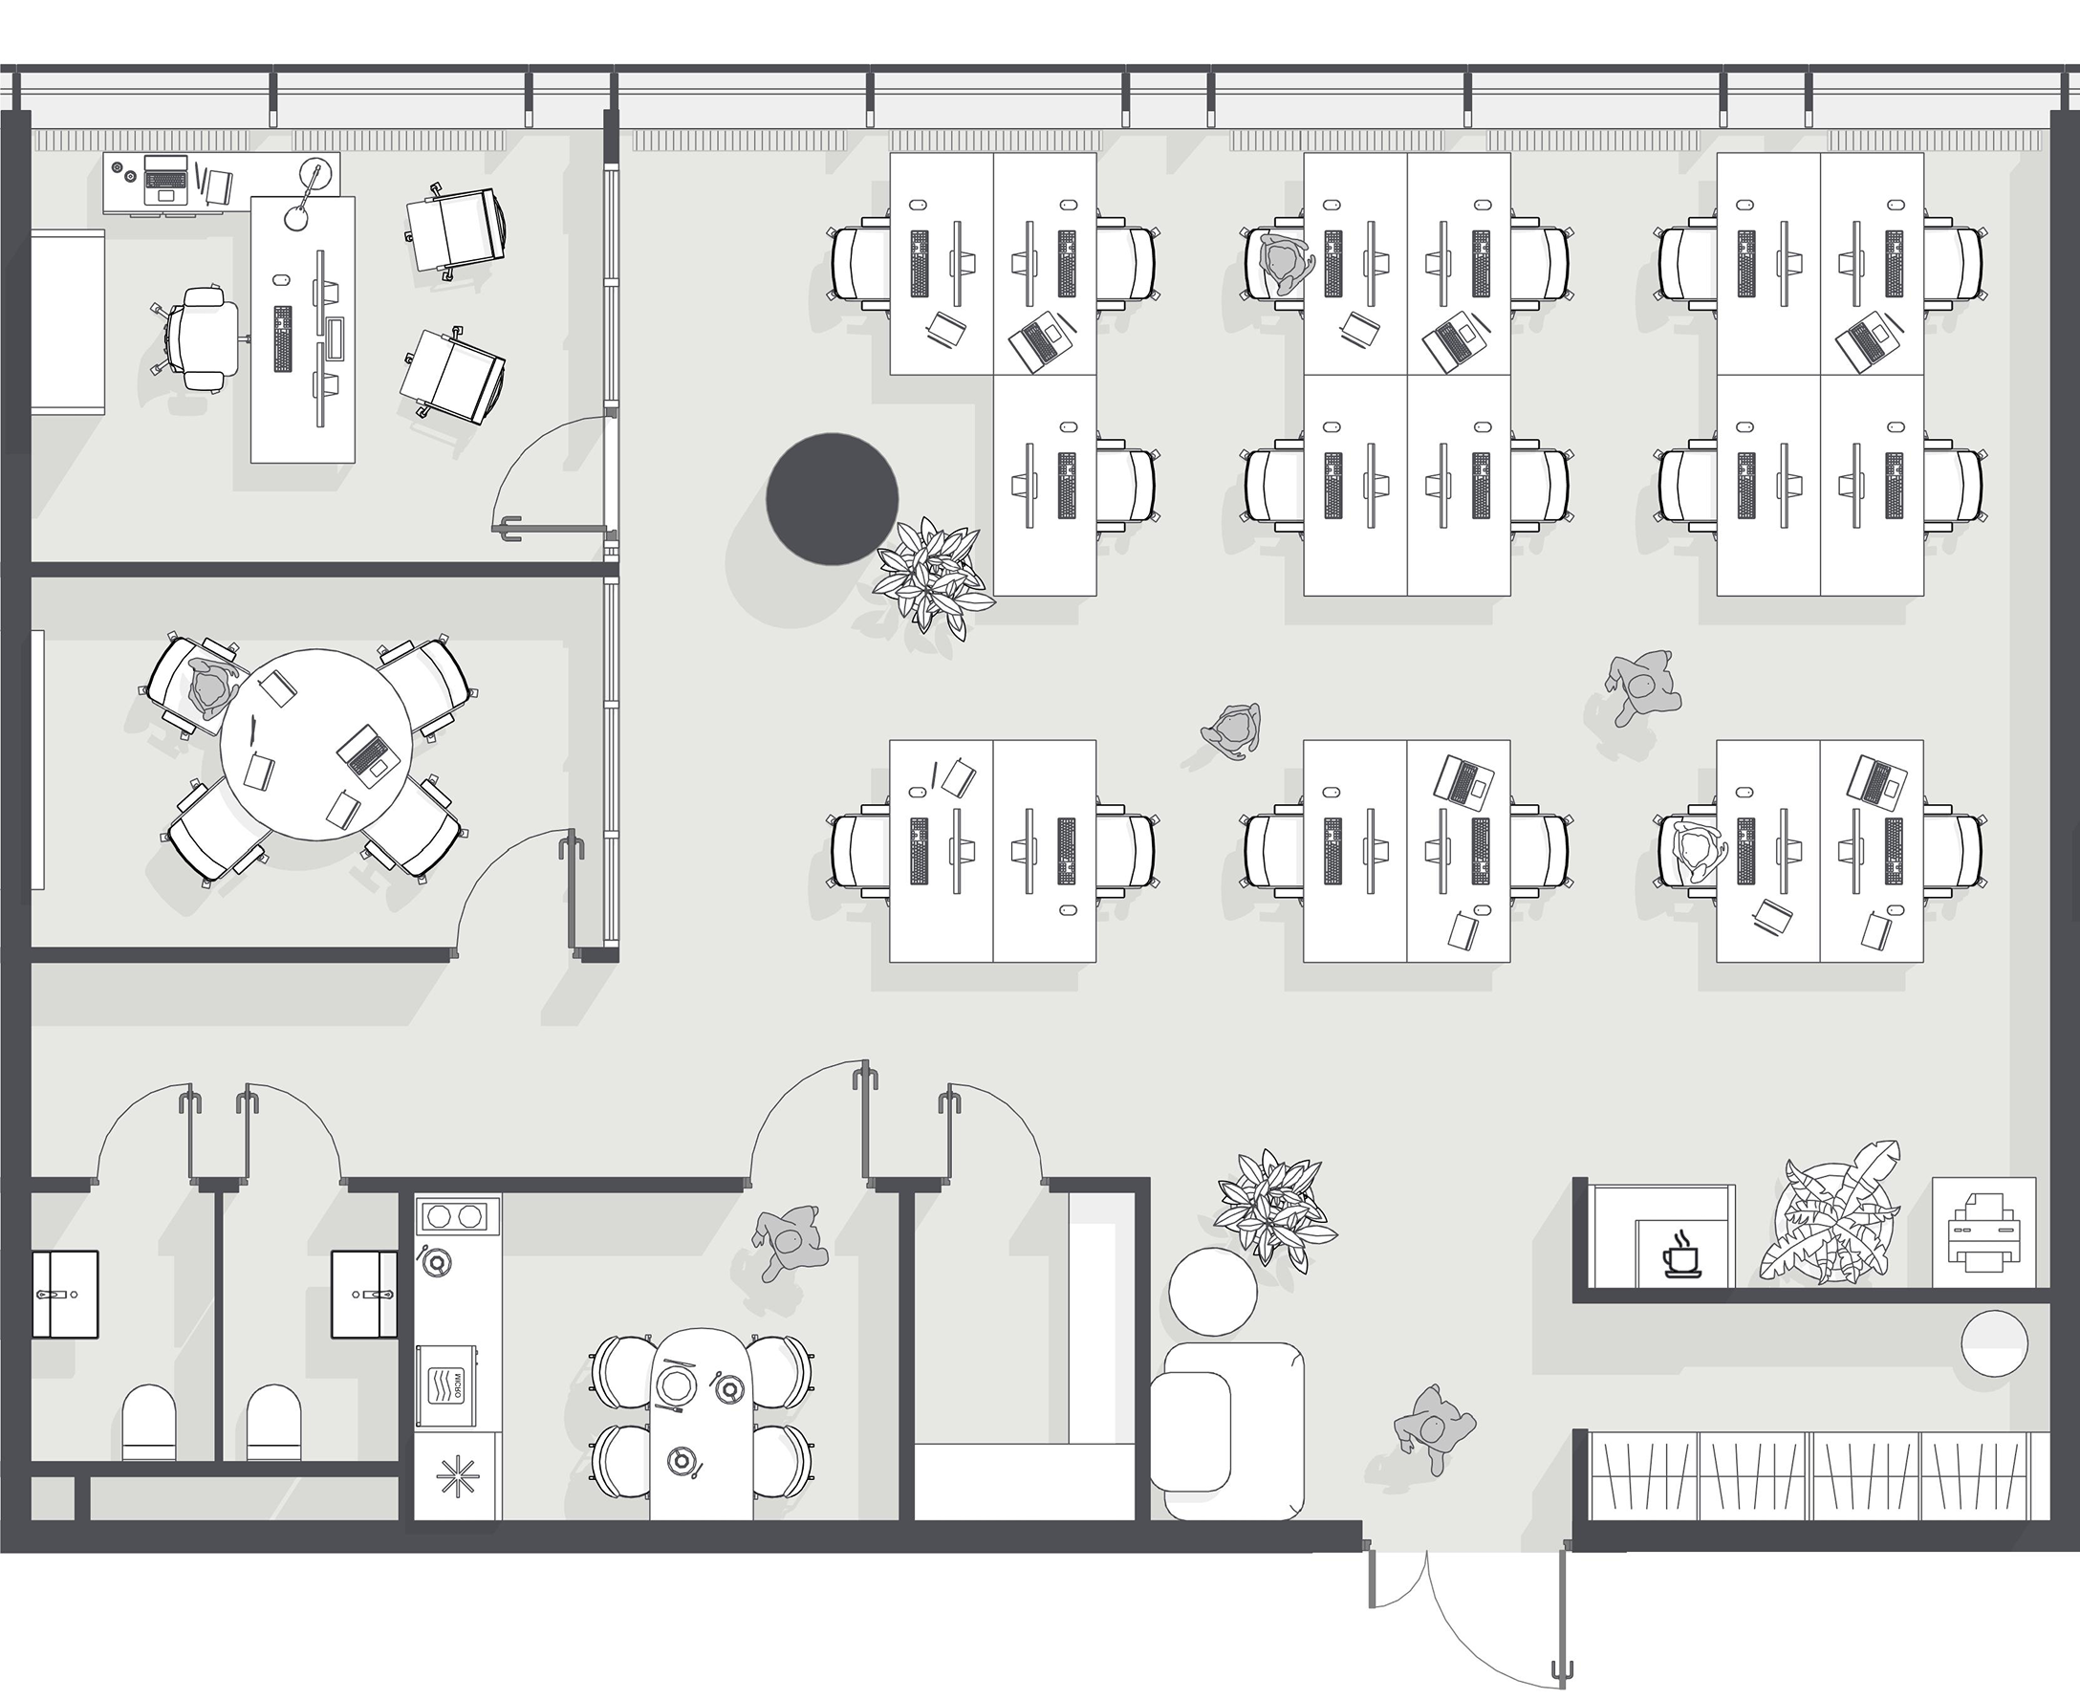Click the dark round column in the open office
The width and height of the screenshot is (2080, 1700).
pos(831,499)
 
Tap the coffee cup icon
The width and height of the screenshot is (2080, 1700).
pos(1682,1254)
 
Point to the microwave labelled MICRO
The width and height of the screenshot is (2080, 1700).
pos(446,1386)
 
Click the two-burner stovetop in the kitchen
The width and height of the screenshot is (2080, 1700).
pos(452,1216)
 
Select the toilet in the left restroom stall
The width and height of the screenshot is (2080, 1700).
pos(149,1422)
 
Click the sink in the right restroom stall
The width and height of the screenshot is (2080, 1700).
pos(364,1294)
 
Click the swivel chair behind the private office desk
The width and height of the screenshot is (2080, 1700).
pos(200,338)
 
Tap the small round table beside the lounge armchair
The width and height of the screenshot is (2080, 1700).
pos(1213,1291)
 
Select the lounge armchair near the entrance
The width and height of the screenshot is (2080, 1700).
pos(1227,1430)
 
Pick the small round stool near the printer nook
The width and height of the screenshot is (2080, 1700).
pos(1994,1343)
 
